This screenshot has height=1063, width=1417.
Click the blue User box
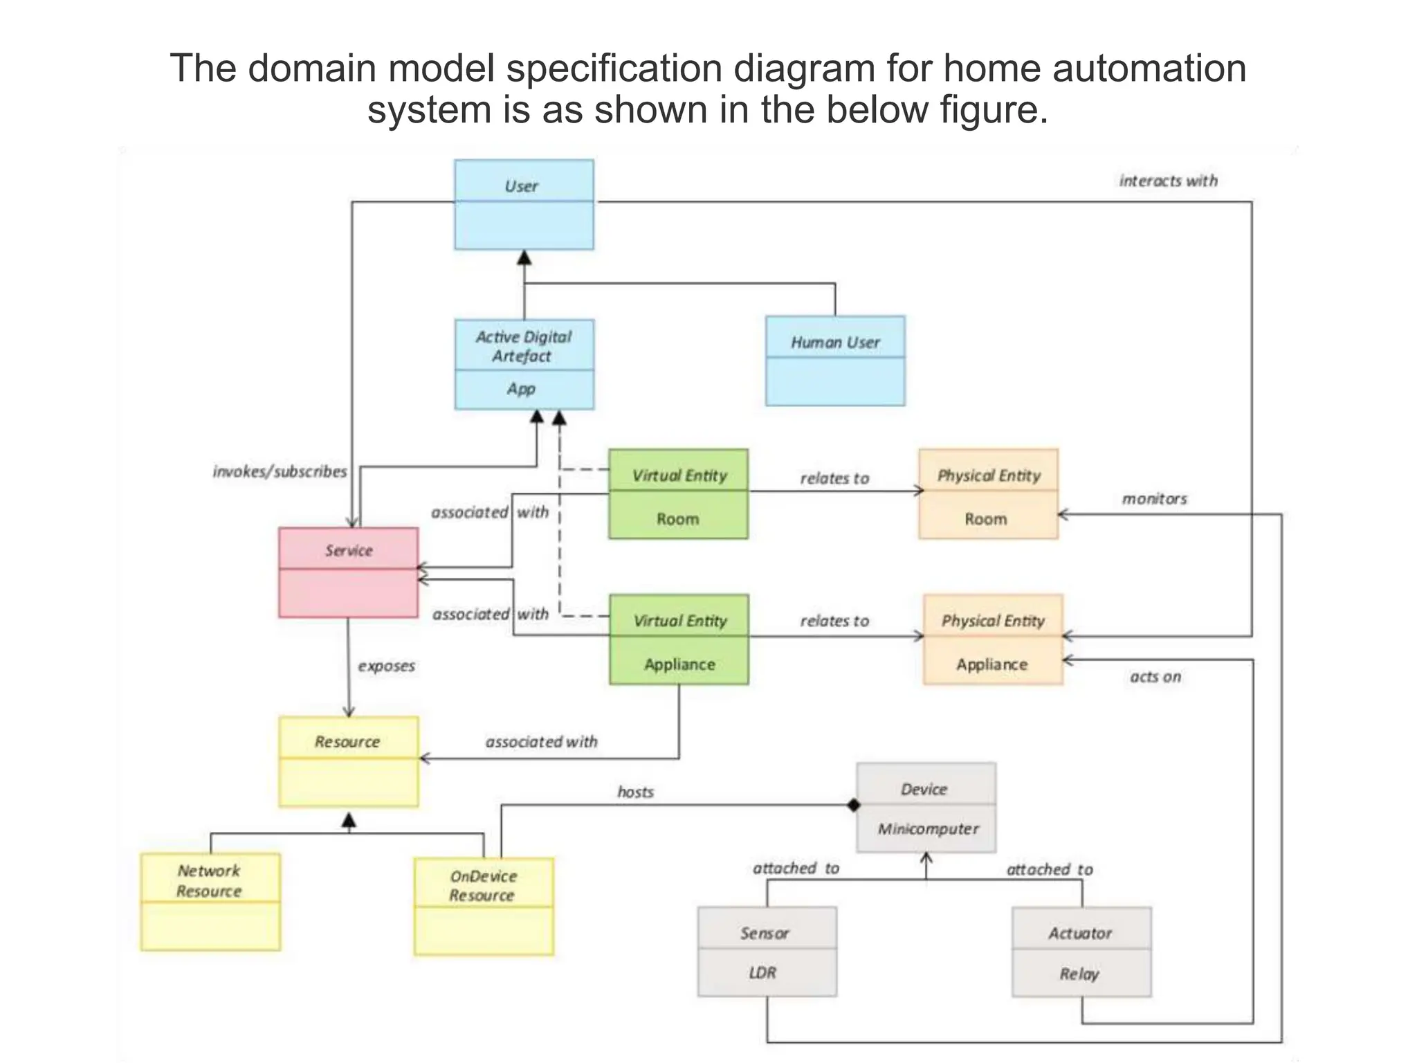coord(524,205)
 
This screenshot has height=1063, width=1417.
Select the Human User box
coord(835,361)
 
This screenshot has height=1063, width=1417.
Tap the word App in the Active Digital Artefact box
coord(521,389)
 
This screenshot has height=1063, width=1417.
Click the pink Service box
coord(348,572)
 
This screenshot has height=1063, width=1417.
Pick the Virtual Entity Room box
coord(678,494)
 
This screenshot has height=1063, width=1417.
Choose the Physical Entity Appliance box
coord(993,639)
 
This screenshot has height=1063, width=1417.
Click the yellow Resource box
coord(348,761)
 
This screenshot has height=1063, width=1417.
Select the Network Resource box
coord(210,901)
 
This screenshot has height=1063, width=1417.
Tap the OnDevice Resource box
coord(484,906)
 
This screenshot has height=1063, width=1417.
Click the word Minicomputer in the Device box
coord(928,829)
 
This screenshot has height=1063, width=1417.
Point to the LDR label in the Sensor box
coord(762,973)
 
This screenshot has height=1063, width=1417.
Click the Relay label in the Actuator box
coord(1079,974)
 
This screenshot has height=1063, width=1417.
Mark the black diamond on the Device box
coord(854,805)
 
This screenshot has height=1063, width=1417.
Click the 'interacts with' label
coord(1168,181)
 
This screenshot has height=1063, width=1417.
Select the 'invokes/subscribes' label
coord(280,472)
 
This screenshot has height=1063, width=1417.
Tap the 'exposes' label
coord(386,666)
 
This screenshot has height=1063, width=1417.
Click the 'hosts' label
coord(635,792)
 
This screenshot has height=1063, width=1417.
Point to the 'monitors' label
coord(1154,499)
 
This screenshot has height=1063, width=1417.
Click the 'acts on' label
coord(1155,677)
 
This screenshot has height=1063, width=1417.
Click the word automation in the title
coord(1149,69)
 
